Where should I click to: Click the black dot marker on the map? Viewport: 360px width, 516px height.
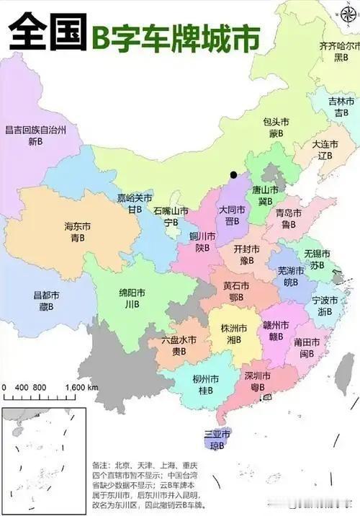[x=233, y=174]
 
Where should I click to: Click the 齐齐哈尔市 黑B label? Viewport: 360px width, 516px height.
[x=339, y=51]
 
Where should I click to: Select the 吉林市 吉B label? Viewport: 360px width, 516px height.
[x=341, y=107]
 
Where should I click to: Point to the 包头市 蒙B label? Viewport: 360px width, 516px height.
[x=276, y=128]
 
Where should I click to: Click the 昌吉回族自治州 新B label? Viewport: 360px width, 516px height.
[x=35, y=136]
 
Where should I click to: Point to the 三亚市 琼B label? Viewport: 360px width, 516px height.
[x=217, y=440]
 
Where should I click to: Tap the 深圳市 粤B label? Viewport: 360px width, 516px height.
[x=257, y=382]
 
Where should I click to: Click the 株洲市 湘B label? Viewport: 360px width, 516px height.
[x=234, y=334]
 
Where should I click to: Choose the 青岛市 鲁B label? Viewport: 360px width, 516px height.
[x=289, y=218]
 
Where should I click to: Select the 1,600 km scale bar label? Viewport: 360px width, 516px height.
[x=81, y=387]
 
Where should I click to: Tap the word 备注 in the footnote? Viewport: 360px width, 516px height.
[x=102, y=466]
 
